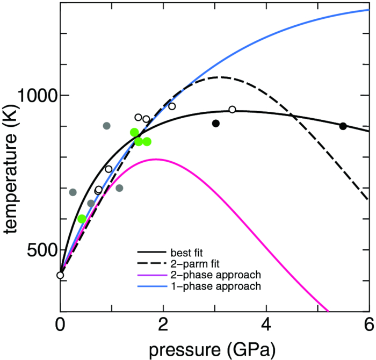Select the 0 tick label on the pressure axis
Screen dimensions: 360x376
(61, 325)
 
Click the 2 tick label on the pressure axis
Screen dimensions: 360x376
(163, 325)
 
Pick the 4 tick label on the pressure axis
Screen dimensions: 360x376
(266, 325)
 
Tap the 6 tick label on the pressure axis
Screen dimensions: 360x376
(368, 325)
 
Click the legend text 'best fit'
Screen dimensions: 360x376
(186, 253)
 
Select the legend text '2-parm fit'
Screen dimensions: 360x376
(191, 264)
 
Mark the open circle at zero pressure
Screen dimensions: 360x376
(60, 276)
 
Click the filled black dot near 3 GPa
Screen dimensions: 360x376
(216, 124)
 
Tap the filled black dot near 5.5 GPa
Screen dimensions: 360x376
(343, 126)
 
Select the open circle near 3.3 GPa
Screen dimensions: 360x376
(232, 110)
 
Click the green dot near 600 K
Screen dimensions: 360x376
(82, 219)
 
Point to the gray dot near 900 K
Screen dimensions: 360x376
(106, 126)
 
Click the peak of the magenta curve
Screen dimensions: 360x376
(156, 159)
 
